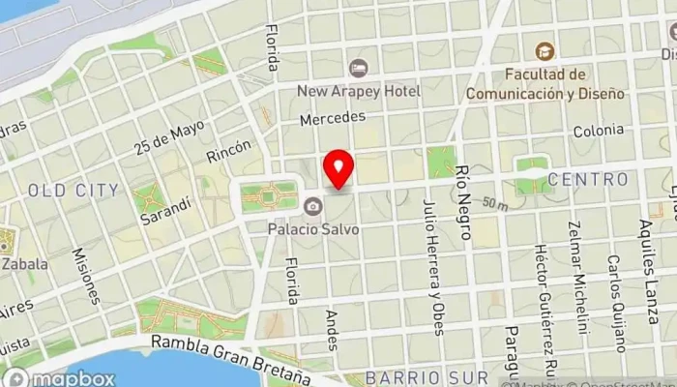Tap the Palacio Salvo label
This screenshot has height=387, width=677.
(313, 229)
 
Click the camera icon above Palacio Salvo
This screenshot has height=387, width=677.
(312, 206)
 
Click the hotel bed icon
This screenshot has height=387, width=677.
(359, 68)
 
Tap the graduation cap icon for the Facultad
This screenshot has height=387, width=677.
(545, 49)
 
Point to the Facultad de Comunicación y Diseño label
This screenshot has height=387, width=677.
(545, 83)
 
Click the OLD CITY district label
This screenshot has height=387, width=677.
(74, 190)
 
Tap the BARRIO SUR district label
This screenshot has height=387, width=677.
(418, 377)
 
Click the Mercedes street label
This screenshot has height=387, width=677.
(333, 117)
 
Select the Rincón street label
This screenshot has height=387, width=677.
(228, 151)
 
